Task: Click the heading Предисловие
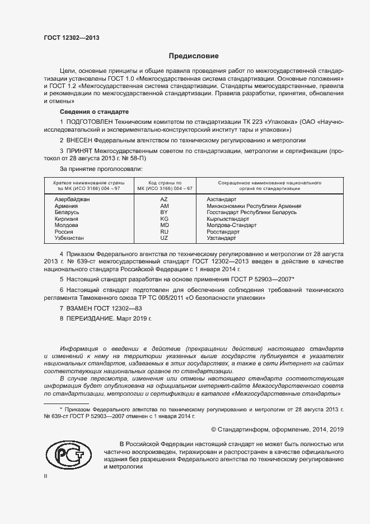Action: pyautogui.click(x=194, y=56)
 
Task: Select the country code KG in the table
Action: pyautogui.click(x=164, y=219)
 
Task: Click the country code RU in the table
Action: pyautogui.click(x=164, y=231)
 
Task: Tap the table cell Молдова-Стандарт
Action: pyautogui.click(x=232, y=225)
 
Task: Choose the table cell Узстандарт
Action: pyautogui.click(x=221, y=238)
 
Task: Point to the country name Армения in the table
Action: pyautogui.click(x=66, y=206)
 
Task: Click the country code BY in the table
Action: pyautogui.click(x=164, y=212)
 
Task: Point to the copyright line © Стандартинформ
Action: pyautogui.click(x=277, y=429)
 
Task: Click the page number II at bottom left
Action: pyautogui.click(x=46, y=476)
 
